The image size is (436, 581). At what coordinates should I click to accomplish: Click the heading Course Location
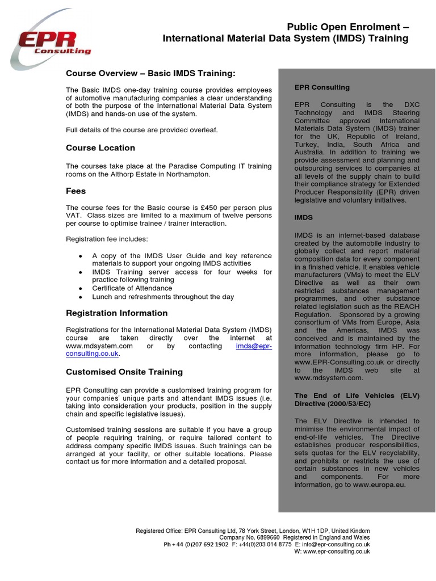pos(100,148)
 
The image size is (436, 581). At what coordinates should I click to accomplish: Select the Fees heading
pos(76,192)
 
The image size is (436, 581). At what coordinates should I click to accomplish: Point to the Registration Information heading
pos(117,313)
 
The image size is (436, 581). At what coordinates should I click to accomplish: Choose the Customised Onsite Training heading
pos(124,372)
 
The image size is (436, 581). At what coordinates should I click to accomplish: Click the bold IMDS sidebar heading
pos(304,217)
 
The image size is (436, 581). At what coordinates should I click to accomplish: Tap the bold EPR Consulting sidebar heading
pos(322,87)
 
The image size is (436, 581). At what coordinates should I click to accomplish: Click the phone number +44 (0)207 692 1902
pos(196,544)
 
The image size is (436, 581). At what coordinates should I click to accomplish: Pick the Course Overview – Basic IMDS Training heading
pos(150,74)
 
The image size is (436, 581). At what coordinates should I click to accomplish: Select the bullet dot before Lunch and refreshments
pos(81,297)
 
